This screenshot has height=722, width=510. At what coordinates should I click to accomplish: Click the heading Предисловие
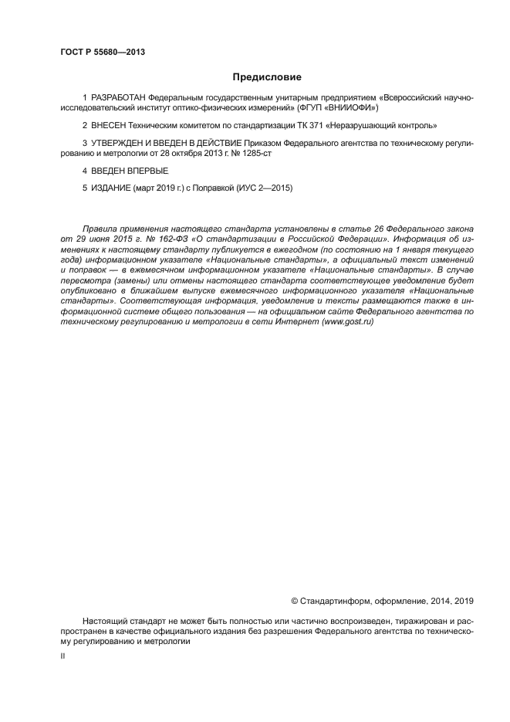(x=268, y=77)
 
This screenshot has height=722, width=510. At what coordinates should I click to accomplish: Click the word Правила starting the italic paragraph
(x=99, y=229)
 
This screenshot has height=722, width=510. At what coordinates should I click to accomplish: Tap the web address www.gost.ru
(x=349, y=320)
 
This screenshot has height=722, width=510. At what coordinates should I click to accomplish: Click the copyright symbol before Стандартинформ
(x=294, y=601)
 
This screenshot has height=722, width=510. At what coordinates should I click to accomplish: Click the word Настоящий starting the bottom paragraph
(x=106, y=620)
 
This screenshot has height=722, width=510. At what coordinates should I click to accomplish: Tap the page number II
(x=63, y=655)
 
